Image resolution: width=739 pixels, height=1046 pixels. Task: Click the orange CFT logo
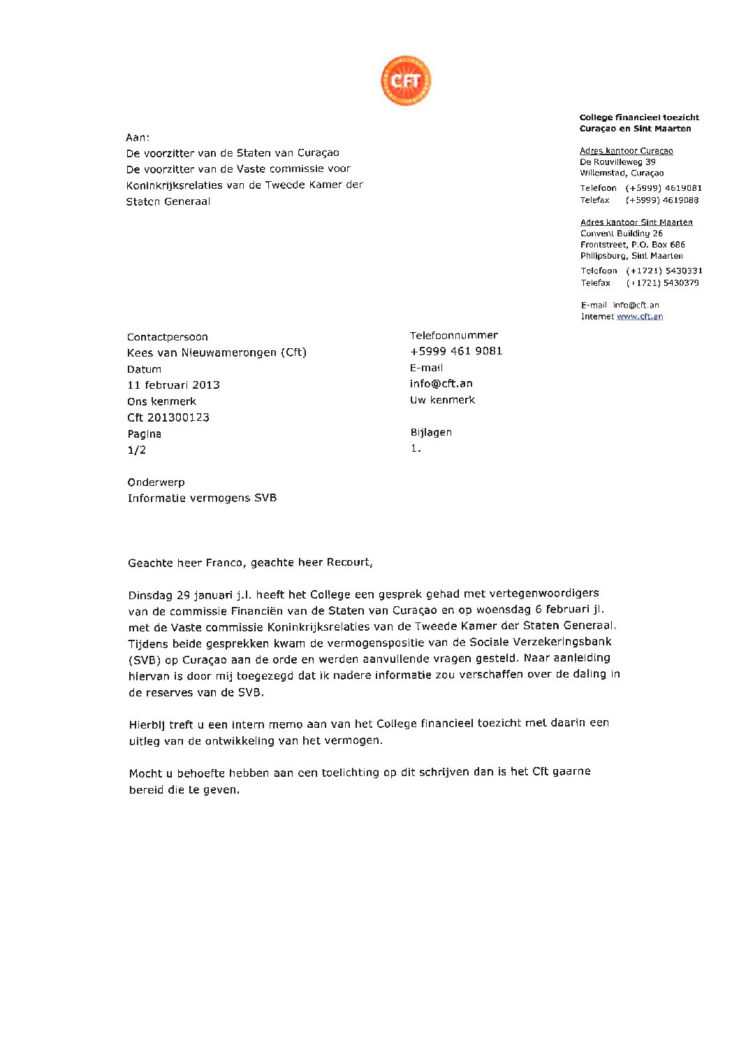pyautogui.click(x=405, y=81)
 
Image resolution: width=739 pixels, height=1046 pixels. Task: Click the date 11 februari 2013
pyautogui.click(x=173, y=385)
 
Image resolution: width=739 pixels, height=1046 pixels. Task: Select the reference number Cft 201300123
pyautogui.click(x=168, y=417)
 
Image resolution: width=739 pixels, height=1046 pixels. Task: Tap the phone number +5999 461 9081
pyautogui.click(x=456, y=351)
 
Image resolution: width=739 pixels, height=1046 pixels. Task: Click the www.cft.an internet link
pyautogui.click(x=640, y=317)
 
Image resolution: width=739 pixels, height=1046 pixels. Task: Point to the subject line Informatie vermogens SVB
pyautogui.click(x=202, y=499)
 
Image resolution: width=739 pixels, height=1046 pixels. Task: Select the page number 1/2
pyautogui.click(x=137, y=450)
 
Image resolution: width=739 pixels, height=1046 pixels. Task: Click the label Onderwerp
pyautogui.click(x=156, y=482)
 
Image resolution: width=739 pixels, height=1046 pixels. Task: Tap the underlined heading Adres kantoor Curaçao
pyautogui.click(x=626, y=151)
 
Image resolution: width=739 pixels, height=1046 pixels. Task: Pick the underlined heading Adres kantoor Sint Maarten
pyautogui.click(x=636, y=222)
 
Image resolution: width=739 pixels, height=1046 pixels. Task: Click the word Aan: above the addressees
pyautogui.click(x=138, y=138)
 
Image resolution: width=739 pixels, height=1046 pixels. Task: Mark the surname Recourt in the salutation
pyautogui.click(x=349, y=562)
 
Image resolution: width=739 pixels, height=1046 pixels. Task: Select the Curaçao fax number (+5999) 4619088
pyautogui.click(x=662, y=201)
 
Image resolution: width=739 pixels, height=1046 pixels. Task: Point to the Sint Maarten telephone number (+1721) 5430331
pyautogui.click(x=664, y=271)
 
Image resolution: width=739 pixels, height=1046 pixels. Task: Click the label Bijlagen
pyautogui.click(x=431, y=433)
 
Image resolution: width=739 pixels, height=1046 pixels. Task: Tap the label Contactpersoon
pyautogui.click(x=168, y=337)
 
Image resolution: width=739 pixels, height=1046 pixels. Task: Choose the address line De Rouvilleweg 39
pyautogui.click(x=617, y=162)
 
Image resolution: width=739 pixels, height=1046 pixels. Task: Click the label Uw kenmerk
pyautogui.click(x=442, y=401)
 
